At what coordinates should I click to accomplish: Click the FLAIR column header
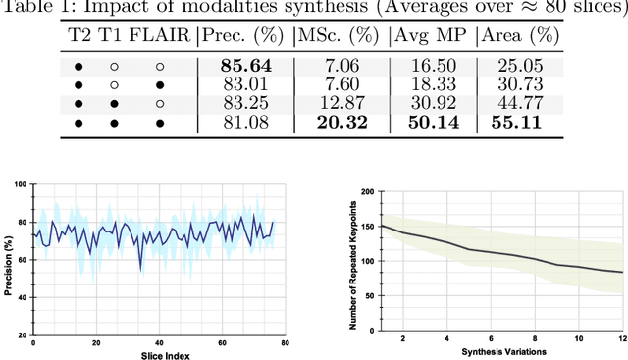click(x=161, y=37)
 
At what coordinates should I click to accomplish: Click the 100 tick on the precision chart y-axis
click(x=24, y=186)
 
